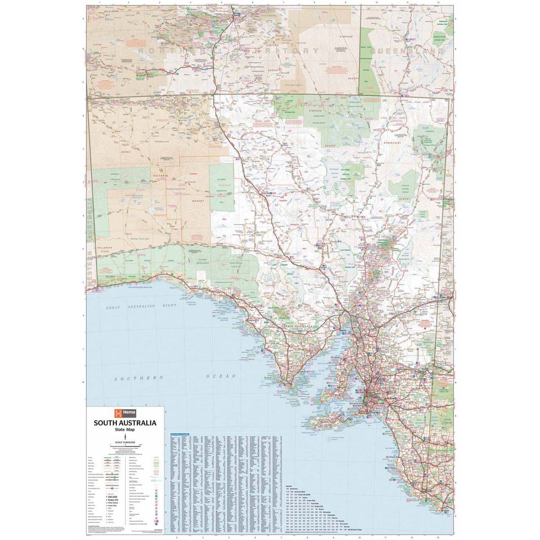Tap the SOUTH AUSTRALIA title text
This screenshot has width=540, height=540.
point(125,423)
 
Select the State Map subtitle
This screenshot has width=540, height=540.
point(125,430)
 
